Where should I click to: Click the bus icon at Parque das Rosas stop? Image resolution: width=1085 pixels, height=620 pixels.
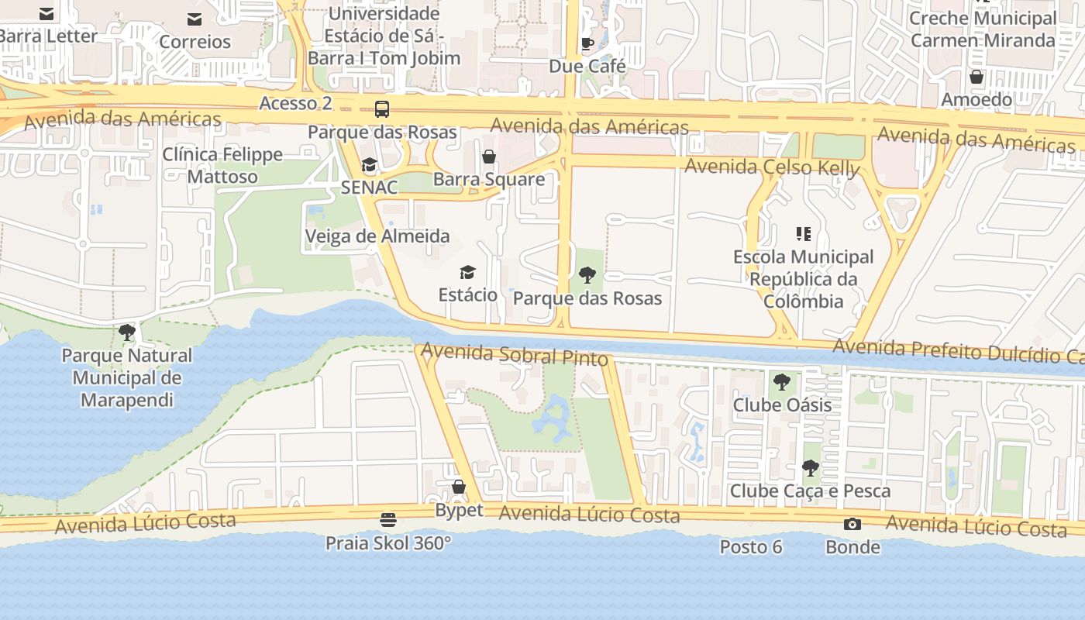coord(382,109)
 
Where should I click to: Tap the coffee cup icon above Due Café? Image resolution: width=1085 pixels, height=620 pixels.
coord(587,43)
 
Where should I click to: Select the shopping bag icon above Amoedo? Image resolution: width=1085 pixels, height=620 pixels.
coord(976,77)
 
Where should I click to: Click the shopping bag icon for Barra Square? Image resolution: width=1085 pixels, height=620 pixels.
coord(489,157)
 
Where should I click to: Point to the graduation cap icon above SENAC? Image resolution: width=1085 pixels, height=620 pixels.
coord(370,164)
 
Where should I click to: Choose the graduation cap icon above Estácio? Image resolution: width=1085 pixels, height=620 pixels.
coord(467,272)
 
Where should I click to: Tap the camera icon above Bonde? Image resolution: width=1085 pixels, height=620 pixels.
coord(852,525)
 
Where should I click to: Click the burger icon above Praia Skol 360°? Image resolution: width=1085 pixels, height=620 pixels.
coord(388,519)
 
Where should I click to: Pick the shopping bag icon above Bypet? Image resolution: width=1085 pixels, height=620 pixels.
coord(459,487)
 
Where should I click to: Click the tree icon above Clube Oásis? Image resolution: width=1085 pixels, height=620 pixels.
coord(782,381)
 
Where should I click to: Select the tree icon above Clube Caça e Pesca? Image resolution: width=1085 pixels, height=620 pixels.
coord(810,467)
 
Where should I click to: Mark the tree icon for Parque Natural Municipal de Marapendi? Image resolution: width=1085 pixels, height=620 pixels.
coord(127,332)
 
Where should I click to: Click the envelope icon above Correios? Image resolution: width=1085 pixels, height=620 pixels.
coord(195,19)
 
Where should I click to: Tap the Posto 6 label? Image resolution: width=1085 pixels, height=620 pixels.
coord(751,547)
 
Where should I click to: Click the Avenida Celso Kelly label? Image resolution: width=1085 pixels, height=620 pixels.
coord(772,167)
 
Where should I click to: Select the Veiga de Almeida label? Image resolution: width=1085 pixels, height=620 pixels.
coord(377,236)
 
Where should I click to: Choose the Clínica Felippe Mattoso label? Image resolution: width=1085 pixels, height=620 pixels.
coord(222,165)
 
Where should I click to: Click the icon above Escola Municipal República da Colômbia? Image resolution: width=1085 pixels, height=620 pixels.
coord(803,233)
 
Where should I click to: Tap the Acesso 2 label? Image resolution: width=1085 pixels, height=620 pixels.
coord(295,103)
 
